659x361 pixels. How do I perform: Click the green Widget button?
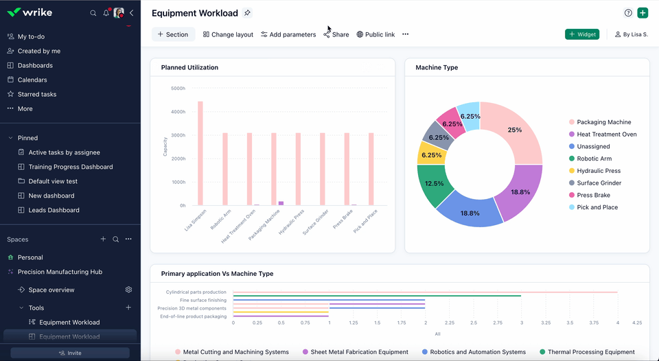(x=582, y=34)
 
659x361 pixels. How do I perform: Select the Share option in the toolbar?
(x=336, y=34)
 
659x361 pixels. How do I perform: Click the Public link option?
(x=375, y=34)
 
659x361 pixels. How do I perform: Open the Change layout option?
(x=228, y=34)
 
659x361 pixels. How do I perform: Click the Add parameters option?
(x=288, y=34)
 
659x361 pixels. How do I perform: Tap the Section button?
(x=173, y=34)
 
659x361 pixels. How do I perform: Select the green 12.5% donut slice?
(x=434, y=183)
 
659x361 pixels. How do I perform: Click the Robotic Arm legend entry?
(x=594, y=159)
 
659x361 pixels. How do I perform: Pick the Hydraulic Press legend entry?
(x=598, y=171)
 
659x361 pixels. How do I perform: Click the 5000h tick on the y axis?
(x=178, y=89)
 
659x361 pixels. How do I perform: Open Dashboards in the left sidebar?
(x=35, y=65)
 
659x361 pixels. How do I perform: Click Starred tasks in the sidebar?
(x=37, y=94)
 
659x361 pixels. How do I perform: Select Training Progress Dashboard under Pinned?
(x=70, y=167)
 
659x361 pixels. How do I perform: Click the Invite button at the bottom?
(x=70, y=353)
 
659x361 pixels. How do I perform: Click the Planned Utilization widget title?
(x=189, y=67)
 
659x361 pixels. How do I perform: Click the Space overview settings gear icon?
(x=128, y=290)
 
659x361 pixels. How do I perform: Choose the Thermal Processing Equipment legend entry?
(x=590, y=352)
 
